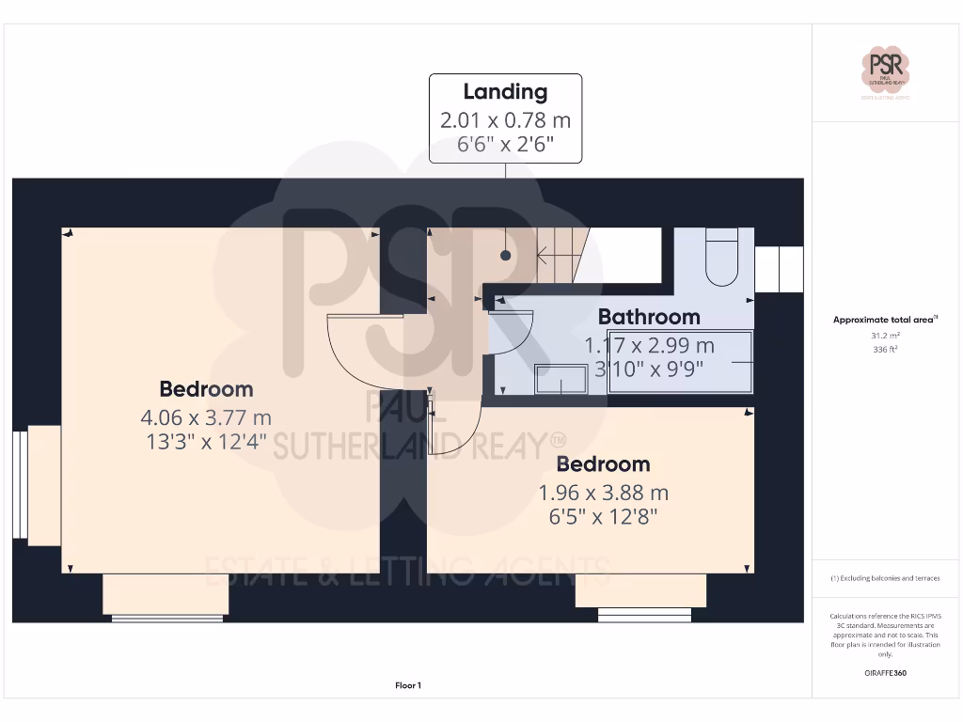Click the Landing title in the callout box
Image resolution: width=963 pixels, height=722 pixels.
(x=505, y=92)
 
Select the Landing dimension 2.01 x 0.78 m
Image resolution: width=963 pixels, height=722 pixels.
(x=505, y=120)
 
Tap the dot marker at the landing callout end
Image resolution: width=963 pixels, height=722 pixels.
(x=506, y=255)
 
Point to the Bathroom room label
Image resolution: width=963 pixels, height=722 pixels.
(x=649, y=317)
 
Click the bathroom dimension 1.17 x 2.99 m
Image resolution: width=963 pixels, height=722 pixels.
(x=650, y=346)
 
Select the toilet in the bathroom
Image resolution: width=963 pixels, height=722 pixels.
(x=722, y=256)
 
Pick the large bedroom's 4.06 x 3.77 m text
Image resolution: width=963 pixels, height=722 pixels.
(x=206, y=416)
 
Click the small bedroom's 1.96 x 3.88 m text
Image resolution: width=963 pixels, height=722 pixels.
(x=603, y=492)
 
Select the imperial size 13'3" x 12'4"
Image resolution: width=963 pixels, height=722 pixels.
(x=206, y=440)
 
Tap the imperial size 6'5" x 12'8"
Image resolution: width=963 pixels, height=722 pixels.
(x=603, y=516)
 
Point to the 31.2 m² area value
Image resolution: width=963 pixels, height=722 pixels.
(x=885, y=334)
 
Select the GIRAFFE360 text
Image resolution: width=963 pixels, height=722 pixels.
(x=885, y=673)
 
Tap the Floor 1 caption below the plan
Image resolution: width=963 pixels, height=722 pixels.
(x=408, y=686)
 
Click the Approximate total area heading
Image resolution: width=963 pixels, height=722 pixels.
(x=885, y=320)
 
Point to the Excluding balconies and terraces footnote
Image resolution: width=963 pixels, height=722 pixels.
(x=885, y=578)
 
